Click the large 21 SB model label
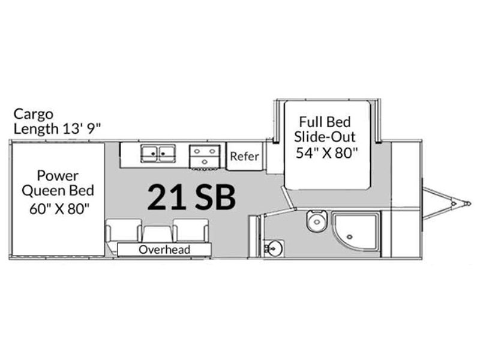tap(191, 197)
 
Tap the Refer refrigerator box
tap(245, 156)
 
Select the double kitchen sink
tap(158, 154)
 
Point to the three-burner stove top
tap(205, 157)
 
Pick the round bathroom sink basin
tap(274, 248)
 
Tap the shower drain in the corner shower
tap(350, 236)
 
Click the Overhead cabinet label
tap(164, 250)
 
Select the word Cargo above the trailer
tap(34, 115)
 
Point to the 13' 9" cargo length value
tap(82, 128)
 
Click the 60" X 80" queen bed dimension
tap(59, 209)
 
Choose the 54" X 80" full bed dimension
tap(326, 152)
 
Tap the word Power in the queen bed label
tap(58, 176)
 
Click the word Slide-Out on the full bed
tap(325, 137)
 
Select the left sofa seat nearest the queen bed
tap(124, 230)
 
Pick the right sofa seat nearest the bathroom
tap(191, 230)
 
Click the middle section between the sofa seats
tap(158, 234)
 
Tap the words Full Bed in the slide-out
tap(325, 122)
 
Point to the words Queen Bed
tap(58, 191)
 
